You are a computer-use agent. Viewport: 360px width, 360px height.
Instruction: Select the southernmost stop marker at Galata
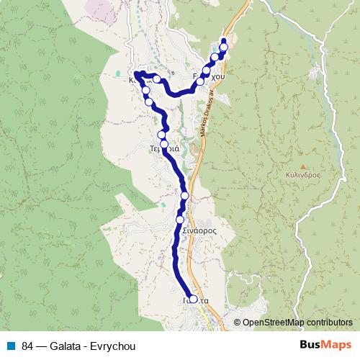(192, 299)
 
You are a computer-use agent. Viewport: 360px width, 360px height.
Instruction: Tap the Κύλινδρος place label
(302, 174)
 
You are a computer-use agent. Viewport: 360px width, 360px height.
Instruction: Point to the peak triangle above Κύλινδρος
(302, 166)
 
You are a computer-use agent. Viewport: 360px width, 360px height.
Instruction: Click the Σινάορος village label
(199, 230)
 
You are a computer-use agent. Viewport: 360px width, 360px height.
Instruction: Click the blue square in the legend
(12, 345)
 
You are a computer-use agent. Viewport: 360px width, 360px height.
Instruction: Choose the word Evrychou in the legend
(114, 345)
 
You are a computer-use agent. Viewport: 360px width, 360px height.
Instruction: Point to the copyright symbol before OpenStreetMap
(237, 323)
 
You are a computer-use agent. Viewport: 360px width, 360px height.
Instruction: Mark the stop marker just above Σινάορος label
(180, 219)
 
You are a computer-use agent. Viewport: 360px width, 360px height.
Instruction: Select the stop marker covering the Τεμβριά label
(164, 145)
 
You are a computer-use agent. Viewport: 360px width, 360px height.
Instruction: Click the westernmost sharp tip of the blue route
(135, 73)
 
